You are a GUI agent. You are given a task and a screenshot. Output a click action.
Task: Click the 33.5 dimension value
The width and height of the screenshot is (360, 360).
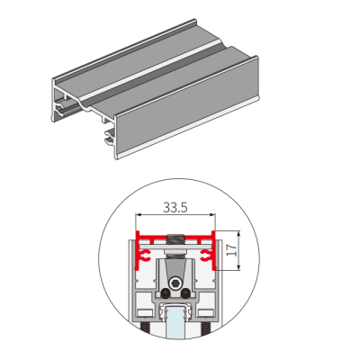[x=175, y=207]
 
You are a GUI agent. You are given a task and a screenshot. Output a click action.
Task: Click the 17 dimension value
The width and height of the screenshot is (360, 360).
[x=231, y=250]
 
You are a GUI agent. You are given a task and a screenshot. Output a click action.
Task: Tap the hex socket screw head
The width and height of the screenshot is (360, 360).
[x=175, y=283]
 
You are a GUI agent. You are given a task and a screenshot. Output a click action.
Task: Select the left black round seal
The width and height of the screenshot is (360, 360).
[x=165, y=293]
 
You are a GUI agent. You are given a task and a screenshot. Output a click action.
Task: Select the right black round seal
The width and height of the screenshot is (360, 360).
[x=185, y=293]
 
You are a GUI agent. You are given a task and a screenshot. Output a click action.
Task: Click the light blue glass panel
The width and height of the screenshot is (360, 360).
[x=175, y=322]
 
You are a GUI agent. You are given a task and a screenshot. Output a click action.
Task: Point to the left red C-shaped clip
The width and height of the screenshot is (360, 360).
[x=146, y=256]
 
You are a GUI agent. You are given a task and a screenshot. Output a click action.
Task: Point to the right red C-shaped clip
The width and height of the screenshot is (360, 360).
[x=205, y=256]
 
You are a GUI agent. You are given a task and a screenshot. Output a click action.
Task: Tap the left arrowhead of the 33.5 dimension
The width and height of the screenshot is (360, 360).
[x=138, y=214]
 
